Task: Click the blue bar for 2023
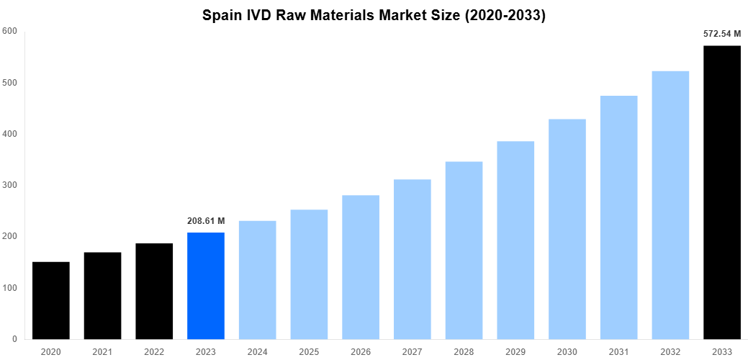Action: click(205, 286)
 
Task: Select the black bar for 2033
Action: click(721, 192)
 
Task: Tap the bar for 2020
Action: click(50, 300)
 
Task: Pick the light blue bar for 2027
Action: click(412, 259)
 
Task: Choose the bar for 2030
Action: click(567, 229)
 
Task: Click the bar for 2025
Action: click(309, 274)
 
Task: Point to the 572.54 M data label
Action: click(721, 33)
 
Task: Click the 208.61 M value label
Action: click(205, 220)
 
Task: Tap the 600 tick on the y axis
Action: click(9, 31)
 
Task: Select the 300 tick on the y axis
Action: click(9, 185)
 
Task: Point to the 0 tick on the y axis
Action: click(14, 339)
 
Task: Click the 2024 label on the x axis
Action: click(257, 351)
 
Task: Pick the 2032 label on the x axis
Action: click(670, 351)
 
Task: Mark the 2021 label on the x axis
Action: click(102, 351)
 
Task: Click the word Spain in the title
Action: click(222, 15)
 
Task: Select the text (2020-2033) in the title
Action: click(505, 15)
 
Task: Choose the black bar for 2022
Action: click(154, 291)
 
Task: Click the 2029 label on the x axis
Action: click(515, 351)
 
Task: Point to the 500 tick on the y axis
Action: click(9, 83)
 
